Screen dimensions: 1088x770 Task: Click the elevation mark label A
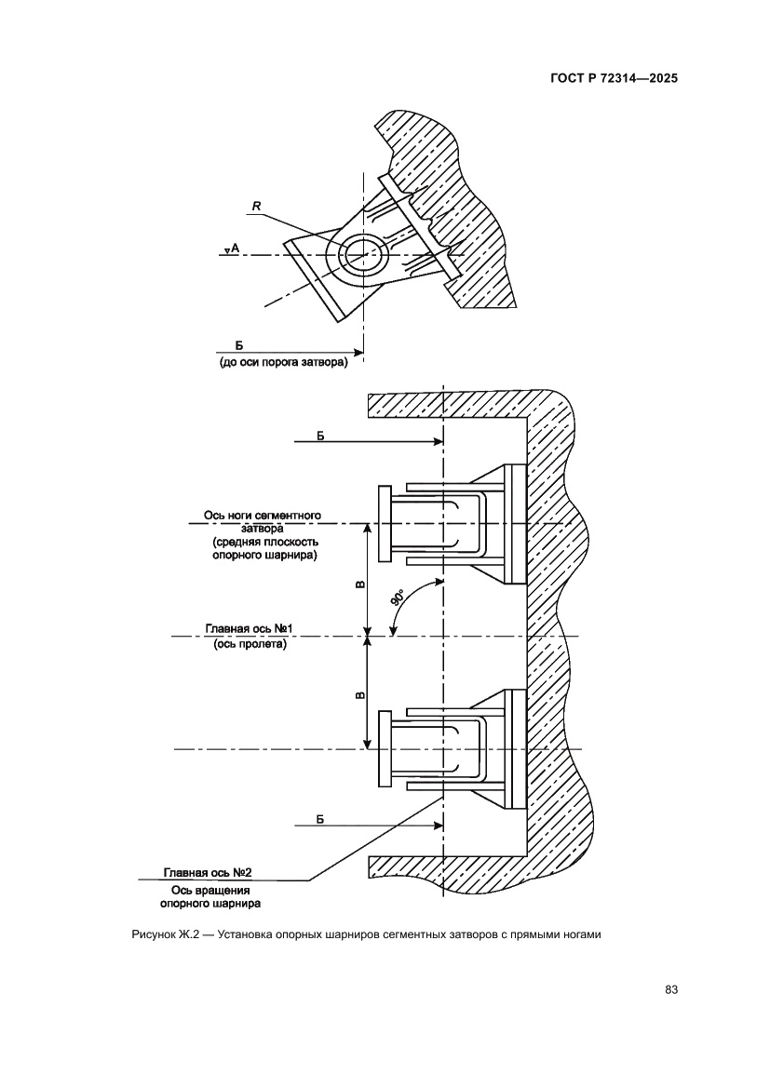pyautogui.click(x=236, y=248)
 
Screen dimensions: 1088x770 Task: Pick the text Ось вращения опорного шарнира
pyautogui.click(x=210, y=896)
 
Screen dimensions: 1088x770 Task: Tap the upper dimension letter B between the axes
pyautogui.click(x=360, y=584)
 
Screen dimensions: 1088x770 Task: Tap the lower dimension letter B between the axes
pyautogui.click(x=360, y=693)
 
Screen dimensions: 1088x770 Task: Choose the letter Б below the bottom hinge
pyautogui.click(x=319, y=817)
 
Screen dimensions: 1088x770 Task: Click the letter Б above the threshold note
pyautogui.click(x=238, y=345)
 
